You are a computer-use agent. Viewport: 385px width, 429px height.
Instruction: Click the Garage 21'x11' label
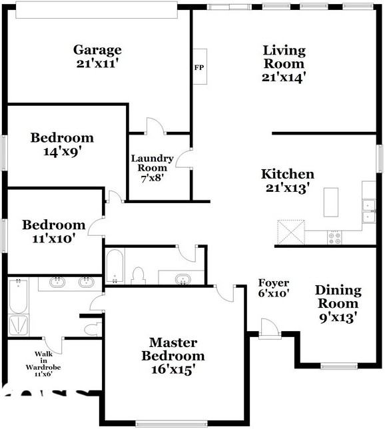pyautogui.click(x=97, y=57)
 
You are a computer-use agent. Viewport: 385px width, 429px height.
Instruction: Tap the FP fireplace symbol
pyautogui.click(x=200, y=67)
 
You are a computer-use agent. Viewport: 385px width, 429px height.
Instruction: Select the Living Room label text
pyautogui.click(x=284, y=63)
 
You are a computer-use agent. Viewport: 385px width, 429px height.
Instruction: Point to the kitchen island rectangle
pyautogui.click(x=330, y=202)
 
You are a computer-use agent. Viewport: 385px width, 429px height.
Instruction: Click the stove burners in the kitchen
pyautogui.click(x=334, y=236)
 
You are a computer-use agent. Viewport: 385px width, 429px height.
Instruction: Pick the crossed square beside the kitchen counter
pyautogui.click(x=290, y=232)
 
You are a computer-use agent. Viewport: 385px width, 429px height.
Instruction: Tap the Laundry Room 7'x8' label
pyautogui.click(x=152, y=168)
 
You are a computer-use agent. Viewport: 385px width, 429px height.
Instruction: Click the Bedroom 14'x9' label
pyautogui.click(x=63, y=145)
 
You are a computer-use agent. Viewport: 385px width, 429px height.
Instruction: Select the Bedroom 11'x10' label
pyautogui.click(x=53, y=231)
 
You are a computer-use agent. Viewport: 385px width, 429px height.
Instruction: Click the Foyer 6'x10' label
pyautogui.click(x=274, y=287)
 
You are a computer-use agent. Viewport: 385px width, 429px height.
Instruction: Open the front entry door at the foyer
pyautogui.click(x=269, y=328)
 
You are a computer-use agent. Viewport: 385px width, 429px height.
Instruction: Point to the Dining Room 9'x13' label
pyautogui.click(x=338, y=304)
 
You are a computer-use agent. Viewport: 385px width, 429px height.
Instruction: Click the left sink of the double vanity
pyautogui.click(x=58, y=282)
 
